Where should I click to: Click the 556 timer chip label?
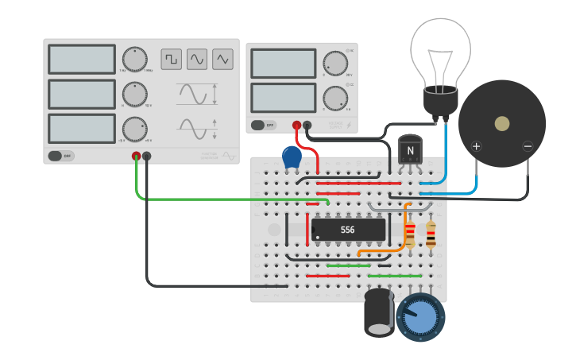pos(348,230)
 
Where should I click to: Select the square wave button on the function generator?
pos(171,59)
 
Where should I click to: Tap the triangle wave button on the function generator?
pos(222,59)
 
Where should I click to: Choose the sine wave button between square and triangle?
pos(196,59)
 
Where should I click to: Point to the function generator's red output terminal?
pos(137,157)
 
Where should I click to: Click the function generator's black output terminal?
pos(147,157)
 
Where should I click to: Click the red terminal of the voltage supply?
pos(297,125)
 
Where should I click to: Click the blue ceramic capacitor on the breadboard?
pos(292,157)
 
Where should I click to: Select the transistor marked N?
pos(410,150)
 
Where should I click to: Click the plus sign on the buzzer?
pos(477,146)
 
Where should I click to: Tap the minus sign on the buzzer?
pos(528,146)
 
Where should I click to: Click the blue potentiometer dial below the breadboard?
pos(420,317)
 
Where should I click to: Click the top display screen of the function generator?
pos(82,59)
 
